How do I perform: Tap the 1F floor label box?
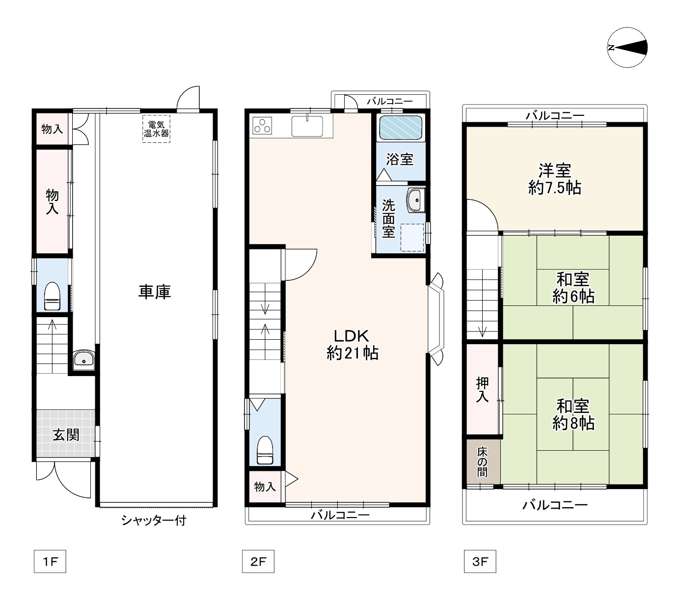point(50,561)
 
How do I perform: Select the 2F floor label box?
point(258,561)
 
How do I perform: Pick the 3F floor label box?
point(480,561)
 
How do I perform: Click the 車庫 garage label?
point(155,292)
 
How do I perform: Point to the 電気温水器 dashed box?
point(157,129)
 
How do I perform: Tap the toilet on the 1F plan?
point(52,296)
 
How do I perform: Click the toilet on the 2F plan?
point(265,450)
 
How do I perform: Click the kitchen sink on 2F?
point(307,126)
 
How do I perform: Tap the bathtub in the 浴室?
point(401,128)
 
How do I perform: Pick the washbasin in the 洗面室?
point(416,200)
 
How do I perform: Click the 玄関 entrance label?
point(66,435)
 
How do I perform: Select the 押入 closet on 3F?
point(482,389)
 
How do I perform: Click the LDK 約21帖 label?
point(353,345)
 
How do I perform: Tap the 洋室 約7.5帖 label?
point(554,179)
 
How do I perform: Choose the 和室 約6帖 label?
point(573,288)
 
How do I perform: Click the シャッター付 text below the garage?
point(154,520)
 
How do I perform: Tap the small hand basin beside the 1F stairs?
point(84,359)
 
